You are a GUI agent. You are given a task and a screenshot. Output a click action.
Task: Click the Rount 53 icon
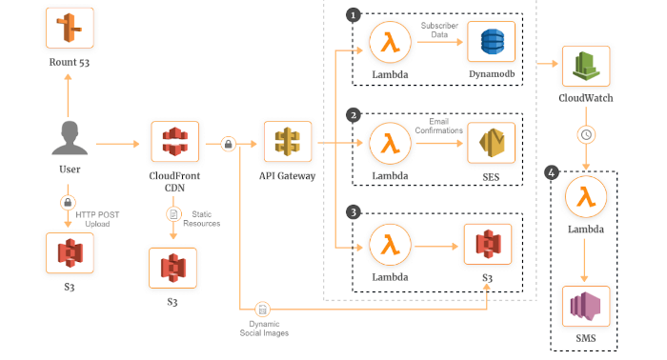(69, 29)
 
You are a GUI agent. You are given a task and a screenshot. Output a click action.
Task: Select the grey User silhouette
(69, 141)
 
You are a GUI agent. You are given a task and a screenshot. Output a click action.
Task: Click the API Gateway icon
(287, 144)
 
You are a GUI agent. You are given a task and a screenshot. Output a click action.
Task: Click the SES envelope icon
(492, 144)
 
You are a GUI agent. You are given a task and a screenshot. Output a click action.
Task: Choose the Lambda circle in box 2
(389, 144)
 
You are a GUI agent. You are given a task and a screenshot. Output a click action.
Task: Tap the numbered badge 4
(551, 172)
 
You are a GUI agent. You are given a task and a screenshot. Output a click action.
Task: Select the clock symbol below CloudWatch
(586, 134)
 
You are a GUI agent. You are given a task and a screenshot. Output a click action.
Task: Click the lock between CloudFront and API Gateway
(229, 144)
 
